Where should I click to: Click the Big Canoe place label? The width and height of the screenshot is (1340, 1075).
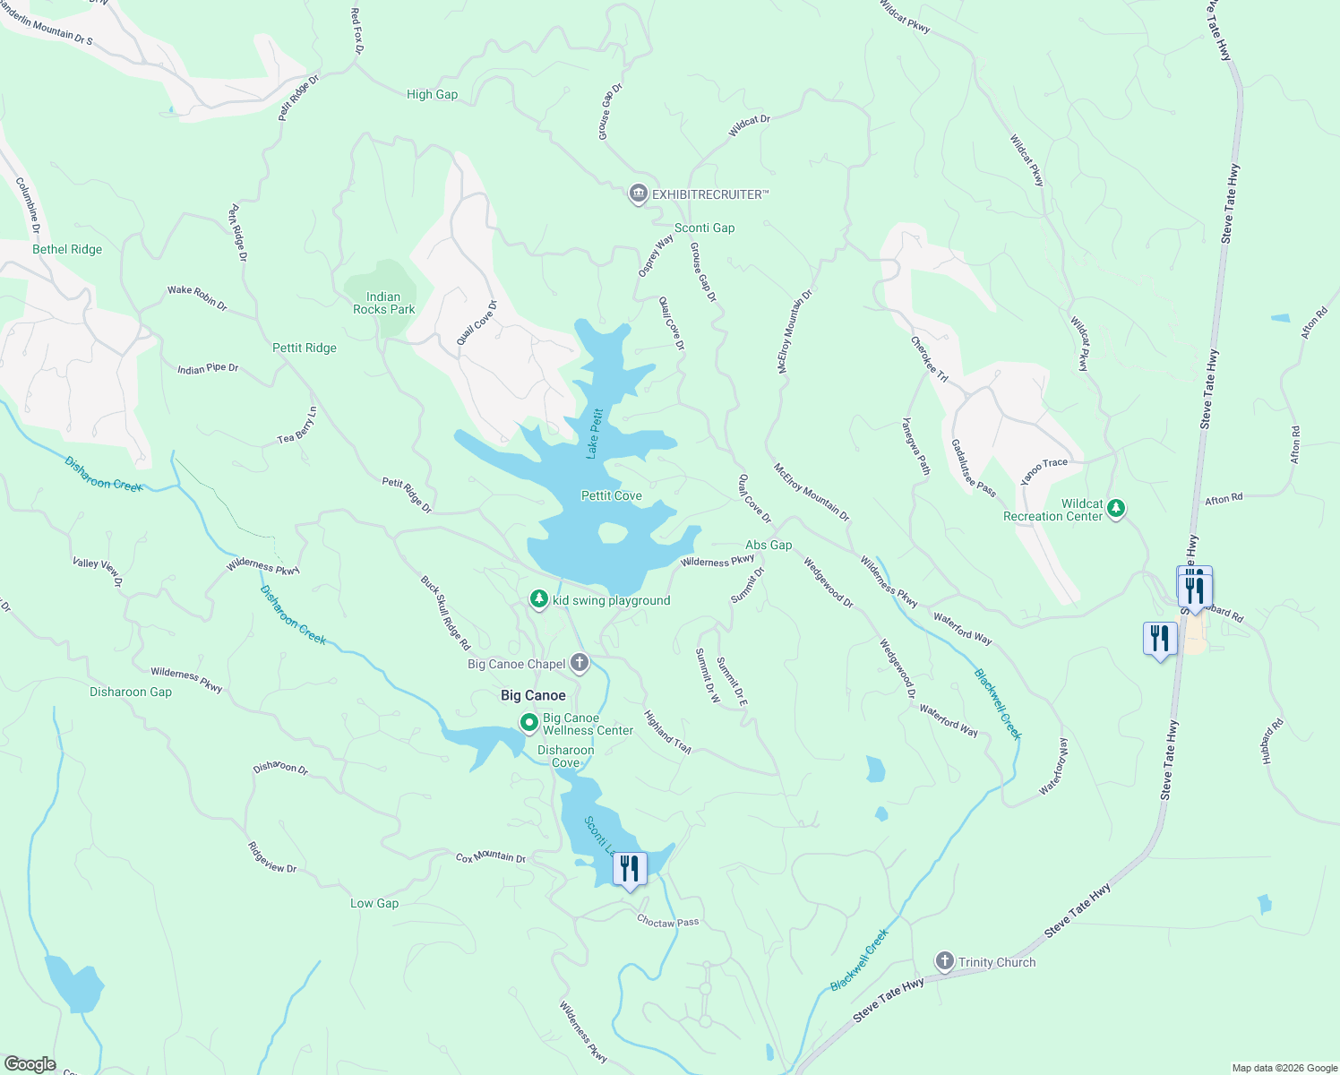(533, 695)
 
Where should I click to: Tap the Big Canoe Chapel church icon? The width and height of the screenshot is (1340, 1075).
(580, 663)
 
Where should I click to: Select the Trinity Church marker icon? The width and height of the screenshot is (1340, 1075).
(944, 961)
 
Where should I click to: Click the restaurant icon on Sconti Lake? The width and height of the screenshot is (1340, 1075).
(630, 868)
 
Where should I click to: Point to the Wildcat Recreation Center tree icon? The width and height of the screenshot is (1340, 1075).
(1115, 508)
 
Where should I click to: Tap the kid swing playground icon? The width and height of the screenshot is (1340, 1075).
(538, 598)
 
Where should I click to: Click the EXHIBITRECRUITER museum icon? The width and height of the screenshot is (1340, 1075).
(638, 193)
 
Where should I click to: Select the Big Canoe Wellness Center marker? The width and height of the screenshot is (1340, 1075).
(528, 721)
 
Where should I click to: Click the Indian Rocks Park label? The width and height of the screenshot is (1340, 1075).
(383, 303)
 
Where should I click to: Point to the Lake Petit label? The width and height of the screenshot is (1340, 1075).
(595, 434)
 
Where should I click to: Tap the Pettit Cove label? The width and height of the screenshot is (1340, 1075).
(611, 495)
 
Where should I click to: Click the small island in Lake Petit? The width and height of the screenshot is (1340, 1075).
(613, 534)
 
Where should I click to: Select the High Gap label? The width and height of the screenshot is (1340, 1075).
(432, 94)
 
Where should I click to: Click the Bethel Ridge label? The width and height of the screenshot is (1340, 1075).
(67, 249)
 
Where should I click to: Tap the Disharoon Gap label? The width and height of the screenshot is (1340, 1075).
(131, 692)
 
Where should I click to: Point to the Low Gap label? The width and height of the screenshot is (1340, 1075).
(374, 903)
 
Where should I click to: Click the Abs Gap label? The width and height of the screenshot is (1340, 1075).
(769, 545)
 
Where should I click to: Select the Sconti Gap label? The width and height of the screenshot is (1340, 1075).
(704, 228)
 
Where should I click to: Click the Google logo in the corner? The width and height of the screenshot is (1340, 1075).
(29, 1064)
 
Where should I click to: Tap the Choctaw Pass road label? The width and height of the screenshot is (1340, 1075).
(667, 921)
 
